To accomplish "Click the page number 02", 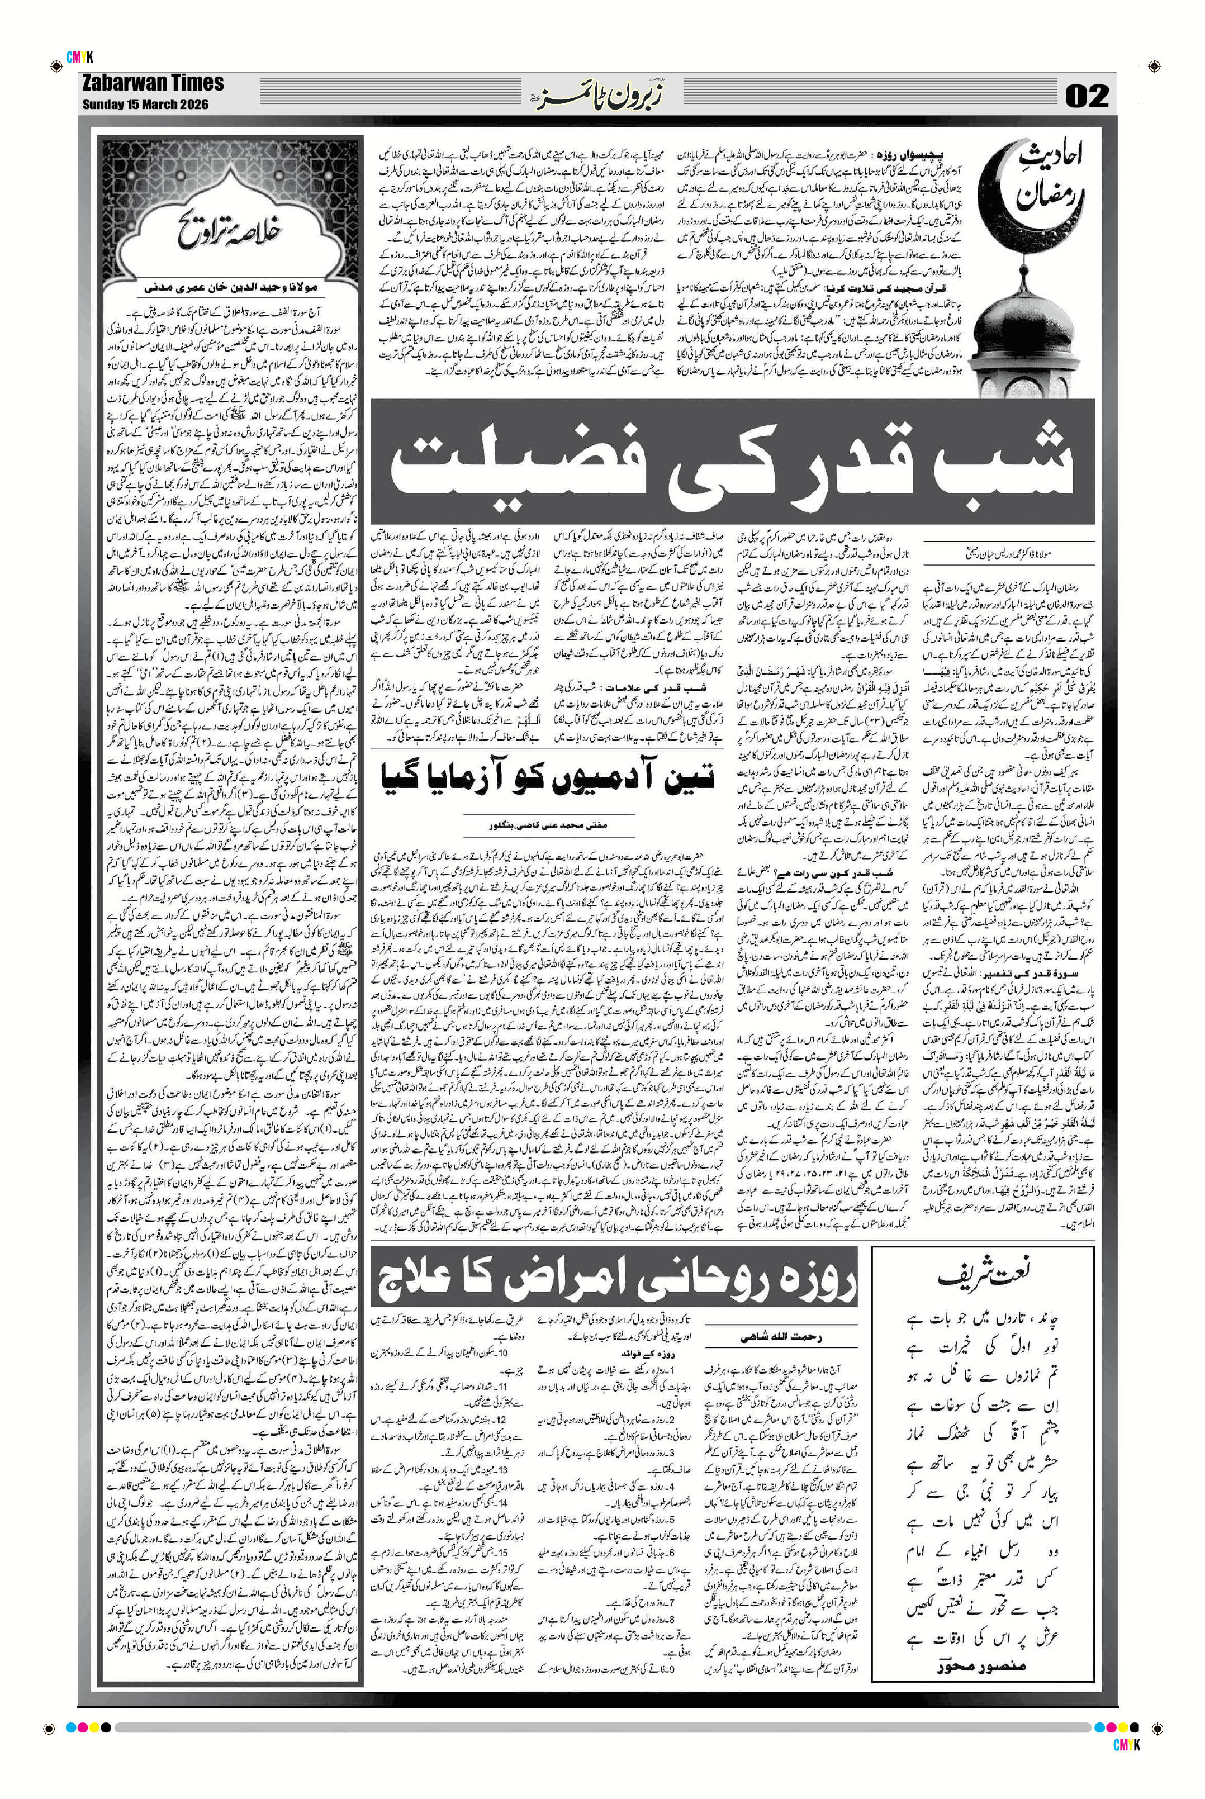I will coord(1087,97).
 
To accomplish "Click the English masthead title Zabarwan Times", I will coord(152,83).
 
